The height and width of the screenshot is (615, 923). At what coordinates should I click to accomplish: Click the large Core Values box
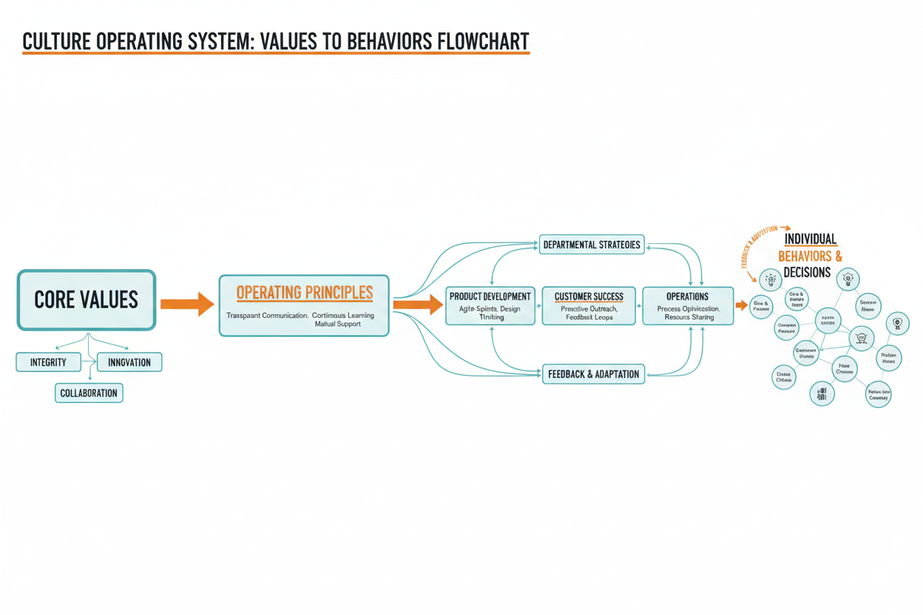tap(87, 299)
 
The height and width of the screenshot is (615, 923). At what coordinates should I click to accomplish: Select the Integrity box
tap(48, 362)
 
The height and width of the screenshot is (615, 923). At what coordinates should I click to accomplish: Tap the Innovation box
tap(129, 362)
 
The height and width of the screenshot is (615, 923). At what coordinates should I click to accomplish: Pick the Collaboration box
tap(89, 393)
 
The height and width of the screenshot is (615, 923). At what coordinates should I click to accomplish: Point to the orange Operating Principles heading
tap(304, 293)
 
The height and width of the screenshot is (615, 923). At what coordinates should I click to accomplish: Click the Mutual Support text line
tap(337, 325)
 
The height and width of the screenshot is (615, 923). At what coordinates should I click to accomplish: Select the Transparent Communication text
tap(266, 316)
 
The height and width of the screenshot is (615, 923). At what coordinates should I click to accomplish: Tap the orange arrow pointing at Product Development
tap(417, 304)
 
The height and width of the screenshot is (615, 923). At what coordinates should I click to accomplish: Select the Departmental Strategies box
tap(592, 245)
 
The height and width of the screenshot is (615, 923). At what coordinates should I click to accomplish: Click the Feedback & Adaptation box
tap(593, 374)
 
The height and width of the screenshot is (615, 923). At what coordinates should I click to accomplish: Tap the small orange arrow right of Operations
tap(741, 305)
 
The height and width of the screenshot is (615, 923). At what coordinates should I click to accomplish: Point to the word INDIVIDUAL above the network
tap(810, 239)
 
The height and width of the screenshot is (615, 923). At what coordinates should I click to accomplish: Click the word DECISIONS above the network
tap(807, 273)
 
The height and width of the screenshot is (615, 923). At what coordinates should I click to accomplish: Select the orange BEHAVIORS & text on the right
tap(810, 256)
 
